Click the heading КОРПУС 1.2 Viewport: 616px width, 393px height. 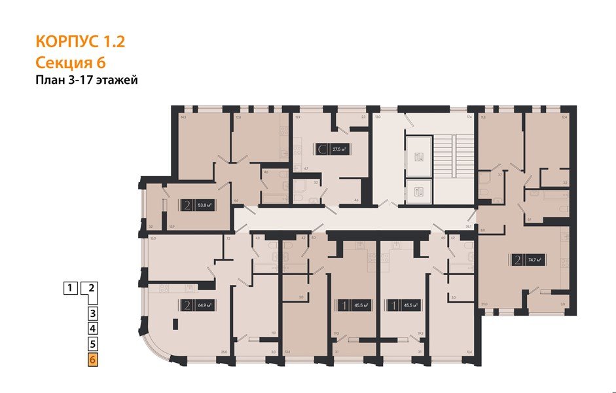point(79,43)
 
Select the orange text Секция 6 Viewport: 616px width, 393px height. point(70,63)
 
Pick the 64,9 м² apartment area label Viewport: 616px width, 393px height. point(206,304)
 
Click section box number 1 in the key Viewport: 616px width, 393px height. point(69,287)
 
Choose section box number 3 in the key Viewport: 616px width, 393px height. point(93,313)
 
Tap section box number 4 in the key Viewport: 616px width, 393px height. point(93,328)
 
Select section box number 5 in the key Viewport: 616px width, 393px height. point(93,343)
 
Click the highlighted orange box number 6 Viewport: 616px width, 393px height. point(93,360)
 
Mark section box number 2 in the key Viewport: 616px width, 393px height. point(92,287)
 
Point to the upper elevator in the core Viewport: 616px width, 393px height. point(420,156)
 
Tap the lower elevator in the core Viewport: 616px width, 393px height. point(420,191)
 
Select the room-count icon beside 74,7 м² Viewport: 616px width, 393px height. point(517,260)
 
